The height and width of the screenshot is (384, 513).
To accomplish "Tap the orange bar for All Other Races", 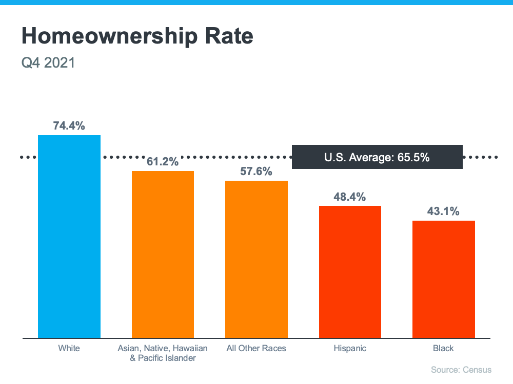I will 256,259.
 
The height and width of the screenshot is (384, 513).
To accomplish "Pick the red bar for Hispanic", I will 350,272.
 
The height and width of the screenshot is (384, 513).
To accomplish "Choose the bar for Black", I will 444,279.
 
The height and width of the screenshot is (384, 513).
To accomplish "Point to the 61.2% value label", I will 163,162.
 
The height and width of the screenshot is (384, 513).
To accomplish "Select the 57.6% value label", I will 256,172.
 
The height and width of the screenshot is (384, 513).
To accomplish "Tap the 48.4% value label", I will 350,197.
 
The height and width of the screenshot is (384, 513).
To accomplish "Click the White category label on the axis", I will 69,348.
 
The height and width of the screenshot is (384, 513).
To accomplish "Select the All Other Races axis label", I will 256,348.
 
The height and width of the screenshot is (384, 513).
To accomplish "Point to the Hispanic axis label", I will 350,348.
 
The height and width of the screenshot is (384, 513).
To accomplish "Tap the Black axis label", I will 444,348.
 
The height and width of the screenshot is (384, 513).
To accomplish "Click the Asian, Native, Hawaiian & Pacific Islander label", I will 163,353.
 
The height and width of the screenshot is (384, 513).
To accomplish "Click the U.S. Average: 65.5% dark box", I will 377,157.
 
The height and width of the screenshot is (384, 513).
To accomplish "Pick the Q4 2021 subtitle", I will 48,63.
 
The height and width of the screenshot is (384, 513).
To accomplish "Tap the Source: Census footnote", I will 461,370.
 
